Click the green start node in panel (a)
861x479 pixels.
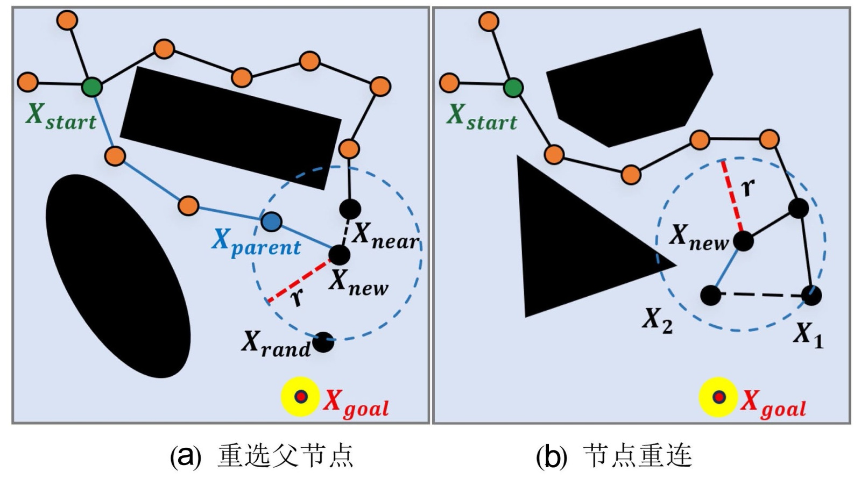pyautogui.click(x=92, y=86)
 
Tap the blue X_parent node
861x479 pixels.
pyautogui.click(x=271, y=221)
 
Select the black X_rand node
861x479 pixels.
pyautogui.click(x=323, y=342)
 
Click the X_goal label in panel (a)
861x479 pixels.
pyautogui.click(x=355, y=403)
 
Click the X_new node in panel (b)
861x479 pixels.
pyautogui.click(x=743, y=241)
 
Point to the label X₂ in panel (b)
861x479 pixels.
pyautogui.click(x=657, y=321)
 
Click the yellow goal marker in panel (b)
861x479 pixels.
pyautogui.click(x=718, y=397)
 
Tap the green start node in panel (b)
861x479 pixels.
pyautogui.click(x=513, y=88)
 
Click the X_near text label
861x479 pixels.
pyautogui.click(x=385, y=235)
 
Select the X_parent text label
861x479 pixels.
pyautogui.click(x=256, y=242)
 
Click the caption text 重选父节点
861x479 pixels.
pyautogui.click(x=285, y=456)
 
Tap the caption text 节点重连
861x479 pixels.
pyautogui.click(x=637, y=456)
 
